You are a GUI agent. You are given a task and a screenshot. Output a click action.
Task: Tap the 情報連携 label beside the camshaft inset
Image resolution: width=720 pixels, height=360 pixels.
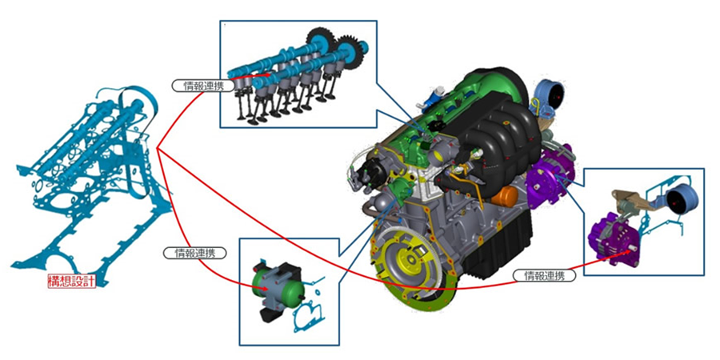pos(197,85)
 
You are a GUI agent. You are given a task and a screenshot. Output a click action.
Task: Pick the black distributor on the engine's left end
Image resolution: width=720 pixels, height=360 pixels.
pos(367,168)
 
